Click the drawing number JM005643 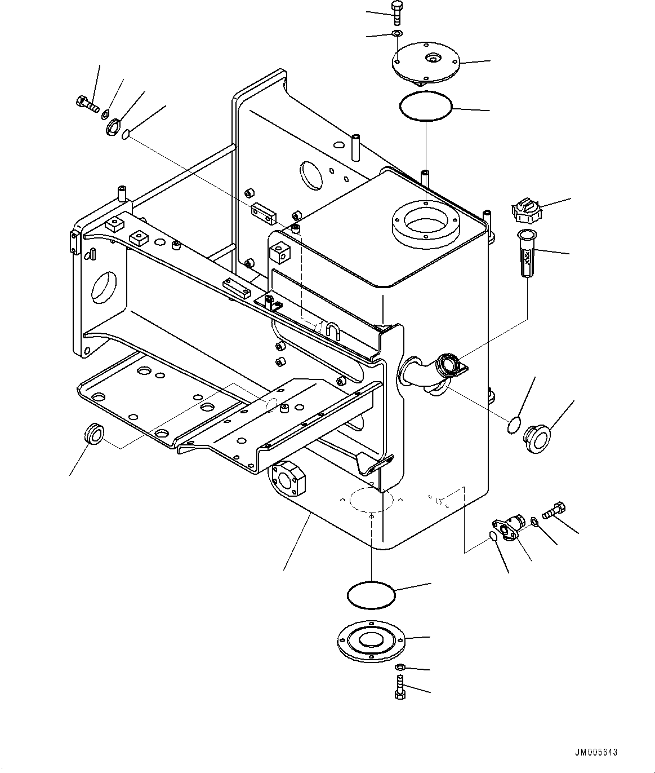pyautogui.click(x=596, y=752)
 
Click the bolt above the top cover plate pyautogui.click(x=396, y=12)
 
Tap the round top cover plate pyautogui.click(x=426, y=63)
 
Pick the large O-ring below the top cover pyautogui.click(x=426, y=105)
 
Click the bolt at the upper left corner pyautogui.click(x=86, y=104)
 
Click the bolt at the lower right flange pyautogui.click(x=554, y=511)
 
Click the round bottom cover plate pyautogui.click(x=371, y=642)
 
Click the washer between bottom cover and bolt pyautogui.click(x=399, y=668)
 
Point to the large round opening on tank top pyautogui.click(x=426, y=224)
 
